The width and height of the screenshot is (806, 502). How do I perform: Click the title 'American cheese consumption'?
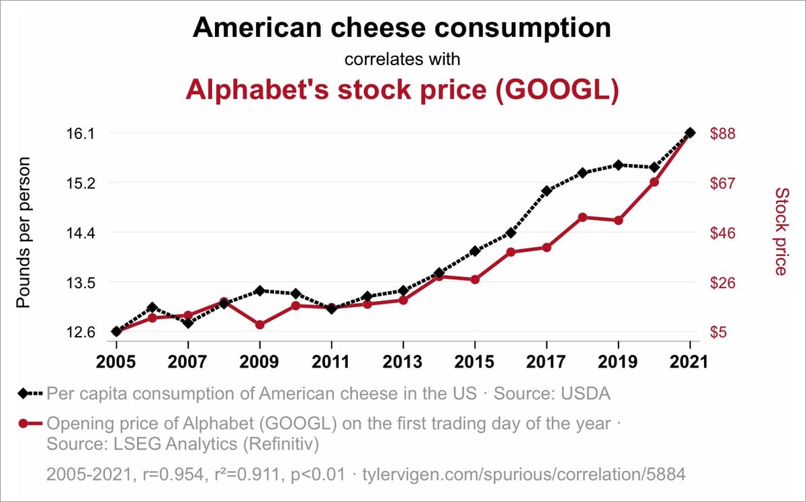(x=402, y=28)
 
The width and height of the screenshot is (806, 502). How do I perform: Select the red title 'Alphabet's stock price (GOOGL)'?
(x=402, y=90)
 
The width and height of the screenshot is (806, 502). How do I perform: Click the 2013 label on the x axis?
(x=402, y=362)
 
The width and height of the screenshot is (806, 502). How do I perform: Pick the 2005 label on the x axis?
(x=116, y=362)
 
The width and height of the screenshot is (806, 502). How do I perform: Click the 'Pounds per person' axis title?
(x=24, y=233)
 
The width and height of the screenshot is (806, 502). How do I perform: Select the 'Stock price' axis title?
(x=780, y=232)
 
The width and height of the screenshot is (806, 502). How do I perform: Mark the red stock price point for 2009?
(x=259, y=325)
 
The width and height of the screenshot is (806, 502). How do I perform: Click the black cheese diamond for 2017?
(x=547, y=191)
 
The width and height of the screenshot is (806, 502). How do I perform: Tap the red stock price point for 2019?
(x=619, y=220)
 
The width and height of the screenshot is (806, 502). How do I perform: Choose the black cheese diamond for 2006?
(x=152, y=307)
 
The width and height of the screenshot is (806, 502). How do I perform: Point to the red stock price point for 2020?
(x=654, y=181)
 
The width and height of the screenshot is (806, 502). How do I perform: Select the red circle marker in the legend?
(x=25, y=424)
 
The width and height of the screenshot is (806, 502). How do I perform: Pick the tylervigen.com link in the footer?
(x=523, y=474)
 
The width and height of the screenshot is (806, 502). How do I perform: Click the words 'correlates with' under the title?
(x=402, y=59)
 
